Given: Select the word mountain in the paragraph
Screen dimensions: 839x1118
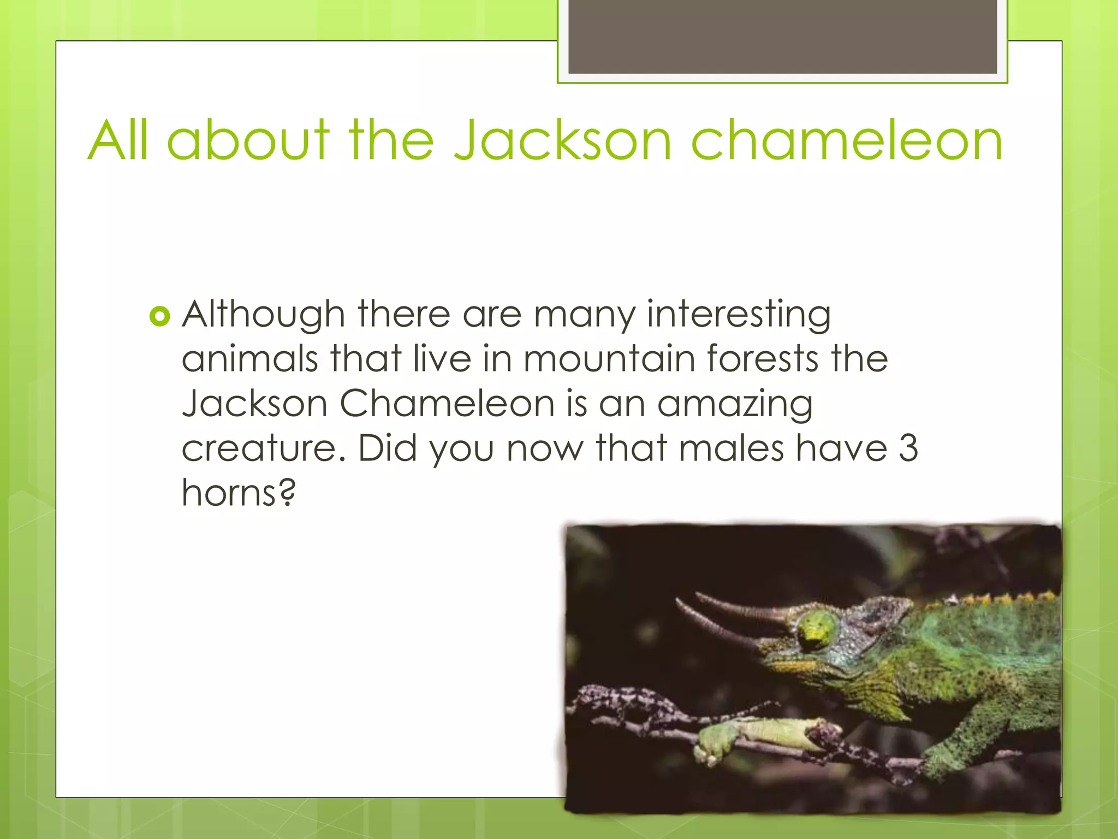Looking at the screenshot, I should coord(608,359).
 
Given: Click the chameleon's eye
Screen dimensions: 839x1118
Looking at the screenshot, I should coord(817,630).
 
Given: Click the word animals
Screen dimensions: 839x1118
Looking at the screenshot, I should coord(249,359).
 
